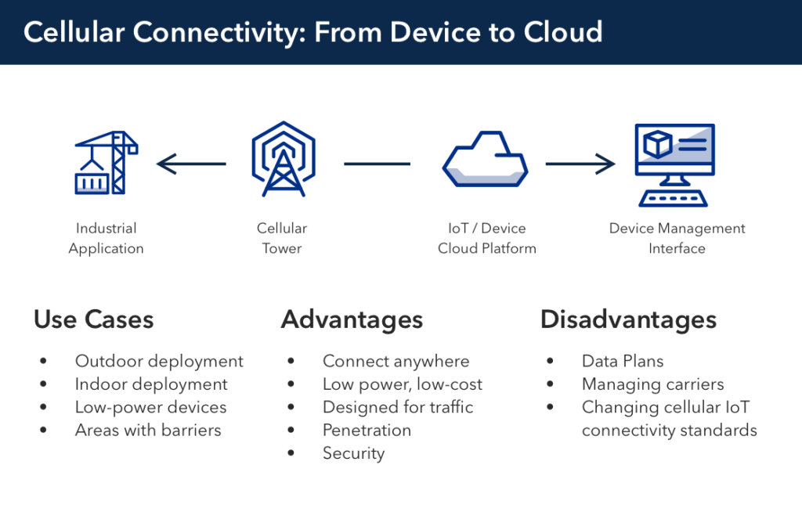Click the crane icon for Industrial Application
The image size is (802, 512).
point(106,163)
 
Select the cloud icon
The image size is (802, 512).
point(486,159)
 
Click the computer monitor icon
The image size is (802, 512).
point(674,164)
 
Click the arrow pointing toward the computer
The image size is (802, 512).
point(580,164)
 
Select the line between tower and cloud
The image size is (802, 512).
point(377,164)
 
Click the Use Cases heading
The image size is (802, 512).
point(93,319)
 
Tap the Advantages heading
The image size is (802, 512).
point(352,319)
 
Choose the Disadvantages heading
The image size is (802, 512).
point(628,319)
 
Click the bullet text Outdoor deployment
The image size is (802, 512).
point(159,361)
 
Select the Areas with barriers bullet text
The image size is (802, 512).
point(148,430)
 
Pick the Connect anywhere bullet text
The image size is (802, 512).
point(396,361)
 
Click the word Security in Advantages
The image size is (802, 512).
point(353,453)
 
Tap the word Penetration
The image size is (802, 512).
point(367,430)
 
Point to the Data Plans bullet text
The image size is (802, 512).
point(623,361)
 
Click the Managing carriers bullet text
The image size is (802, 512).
point(652,384)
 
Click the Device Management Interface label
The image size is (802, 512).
point(677,238)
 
